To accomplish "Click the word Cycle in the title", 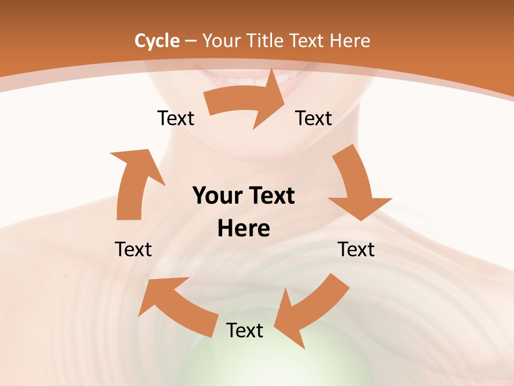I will pyautogui.click(x=156, y=41).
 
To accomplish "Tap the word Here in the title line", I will pyautogui.click(x=350, y=41).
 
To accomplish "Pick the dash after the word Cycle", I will pyautogui.click(x=191, y=41).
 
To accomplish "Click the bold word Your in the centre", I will pyautogui.click(x=216, y=196).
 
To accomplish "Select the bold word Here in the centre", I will pyautogui.click(x=243, y=229).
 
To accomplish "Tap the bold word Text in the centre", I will pyautogui.click(x=270, y=196).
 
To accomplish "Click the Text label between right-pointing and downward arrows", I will pyautogui.click(x=314, y=118).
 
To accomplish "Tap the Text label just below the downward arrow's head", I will pyautogui.click(x=356, y=249).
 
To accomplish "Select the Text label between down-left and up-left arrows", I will pyautogui.click(x=245, y=330).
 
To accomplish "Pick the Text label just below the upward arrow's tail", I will pyautogui.click(x=133, y=249).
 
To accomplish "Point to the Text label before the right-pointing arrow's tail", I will pyautogui.click(x=176, y=118).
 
